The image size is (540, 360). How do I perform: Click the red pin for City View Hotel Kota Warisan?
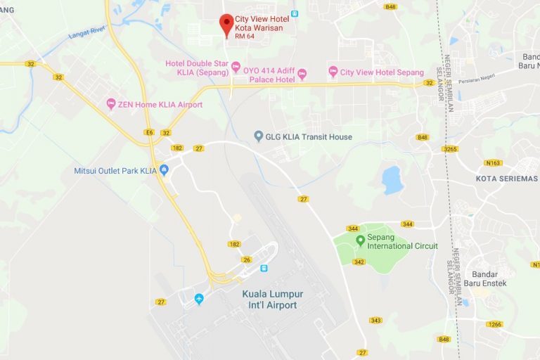pos(226,24)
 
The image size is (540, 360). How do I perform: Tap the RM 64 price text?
pos(245,36)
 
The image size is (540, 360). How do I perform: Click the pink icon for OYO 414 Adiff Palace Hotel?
pos(302,74)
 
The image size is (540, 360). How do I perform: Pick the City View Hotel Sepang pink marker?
pos(333,72)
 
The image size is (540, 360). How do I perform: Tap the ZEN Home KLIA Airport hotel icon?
pos(110,104)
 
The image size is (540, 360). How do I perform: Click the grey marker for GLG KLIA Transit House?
pos(259,136)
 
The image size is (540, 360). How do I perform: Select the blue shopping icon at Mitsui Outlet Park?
pos(164,169)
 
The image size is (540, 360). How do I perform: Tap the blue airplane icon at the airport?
pos(199,299)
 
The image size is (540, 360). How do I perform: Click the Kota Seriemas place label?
pos(506,179)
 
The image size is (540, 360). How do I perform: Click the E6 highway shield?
pos(149,132)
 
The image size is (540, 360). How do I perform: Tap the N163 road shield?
pos(494,162)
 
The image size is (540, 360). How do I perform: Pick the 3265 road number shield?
pos(450,149)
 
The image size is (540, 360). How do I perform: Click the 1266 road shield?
pos(495,324)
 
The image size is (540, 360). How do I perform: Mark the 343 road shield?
pos(376,320)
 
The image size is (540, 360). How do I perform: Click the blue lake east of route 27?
pos(392,179)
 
